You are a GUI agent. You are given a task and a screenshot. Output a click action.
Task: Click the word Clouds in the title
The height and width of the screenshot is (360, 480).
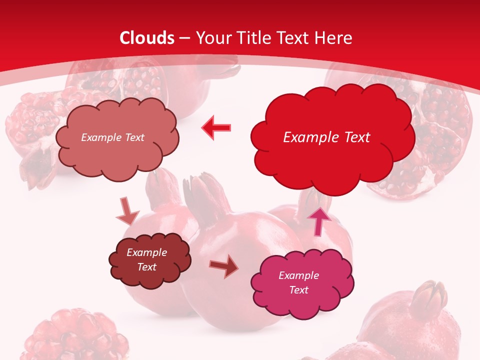[147, 38]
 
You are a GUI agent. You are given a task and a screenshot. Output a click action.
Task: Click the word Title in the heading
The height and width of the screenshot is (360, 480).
[255, 38]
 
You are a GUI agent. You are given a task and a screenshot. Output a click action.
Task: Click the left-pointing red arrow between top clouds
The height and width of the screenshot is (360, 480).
[216, 127]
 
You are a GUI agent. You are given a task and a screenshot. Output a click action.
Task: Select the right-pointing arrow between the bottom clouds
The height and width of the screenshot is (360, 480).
[224, 267]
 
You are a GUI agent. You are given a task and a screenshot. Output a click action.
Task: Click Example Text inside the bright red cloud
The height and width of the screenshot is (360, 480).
[326, 137]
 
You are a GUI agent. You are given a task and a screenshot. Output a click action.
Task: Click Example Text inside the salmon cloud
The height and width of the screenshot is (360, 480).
[112, 137]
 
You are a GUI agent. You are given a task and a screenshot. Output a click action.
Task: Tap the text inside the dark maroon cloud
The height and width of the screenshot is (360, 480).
[147, 259]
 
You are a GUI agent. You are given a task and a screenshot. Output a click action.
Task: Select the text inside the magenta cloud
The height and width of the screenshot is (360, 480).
[298, 282]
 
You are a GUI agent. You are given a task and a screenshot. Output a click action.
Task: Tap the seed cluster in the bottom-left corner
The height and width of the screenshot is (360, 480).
[75, 335]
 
